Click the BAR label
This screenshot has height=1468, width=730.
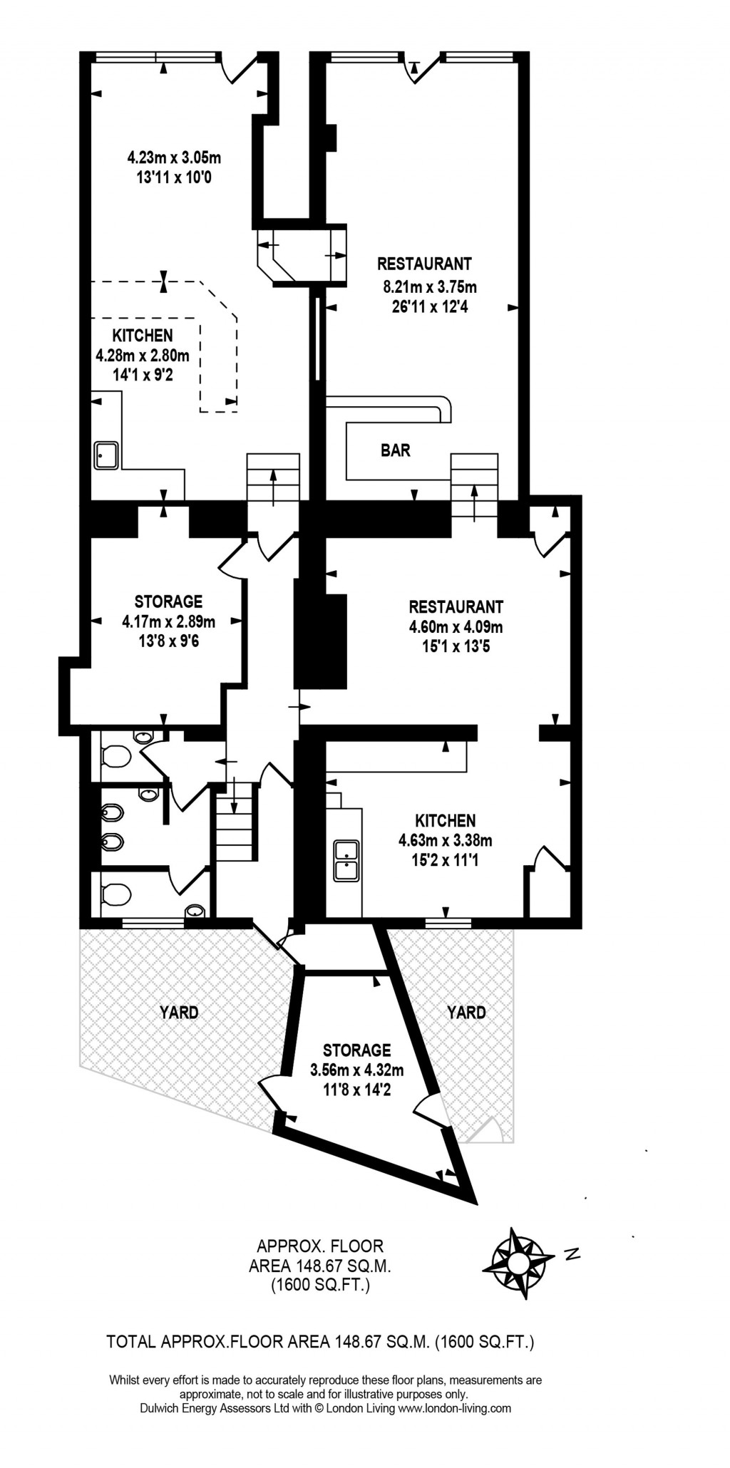click(x=396, y=450)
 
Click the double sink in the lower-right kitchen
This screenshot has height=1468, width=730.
click(x=346, y=860)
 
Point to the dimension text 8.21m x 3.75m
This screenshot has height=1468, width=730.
click(x=429, y=288)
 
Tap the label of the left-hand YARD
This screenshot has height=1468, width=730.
click(x=179, y=1012)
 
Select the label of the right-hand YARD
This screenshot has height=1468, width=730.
click(x=466, y=1012)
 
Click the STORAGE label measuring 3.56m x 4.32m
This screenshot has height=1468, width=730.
click(x=356, y=1050)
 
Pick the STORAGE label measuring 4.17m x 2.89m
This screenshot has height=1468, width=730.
click(x=168, y=601)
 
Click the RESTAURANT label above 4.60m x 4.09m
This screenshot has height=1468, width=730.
click(x=456, y=607)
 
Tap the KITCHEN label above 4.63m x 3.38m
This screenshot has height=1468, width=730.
click(x=446, y=821)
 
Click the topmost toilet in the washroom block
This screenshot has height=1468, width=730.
click(x=115, y=755)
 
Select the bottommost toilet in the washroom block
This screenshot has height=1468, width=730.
click(x=115, y=894)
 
